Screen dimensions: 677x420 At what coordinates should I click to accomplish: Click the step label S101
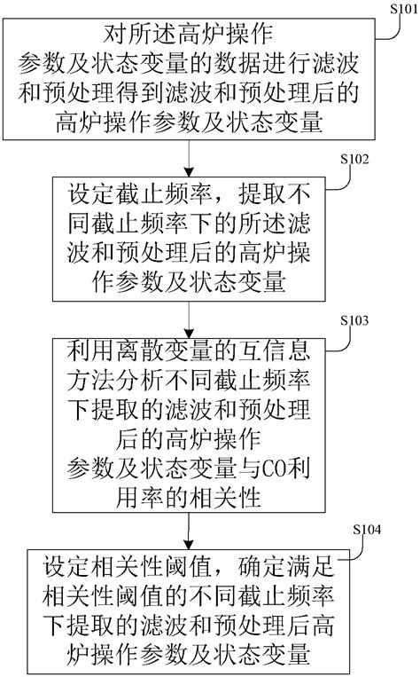[x=401, y=9]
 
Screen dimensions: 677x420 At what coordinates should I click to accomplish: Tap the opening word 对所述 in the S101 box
[x=129, y=38]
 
